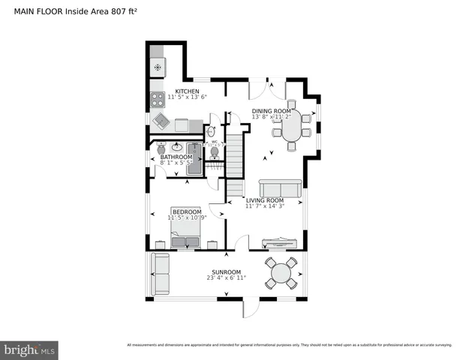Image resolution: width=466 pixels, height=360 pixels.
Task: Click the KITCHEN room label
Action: tap(182, 91)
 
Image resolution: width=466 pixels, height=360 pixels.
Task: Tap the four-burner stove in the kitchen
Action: tap(158, 97)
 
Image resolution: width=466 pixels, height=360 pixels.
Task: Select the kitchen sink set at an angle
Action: tap(161, 121)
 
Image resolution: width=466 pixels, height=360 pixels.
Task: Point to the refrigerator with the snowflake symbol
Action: tap(158, 67)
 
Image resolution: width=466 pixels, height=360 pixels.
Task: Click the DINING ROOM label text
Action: tap(271, 111)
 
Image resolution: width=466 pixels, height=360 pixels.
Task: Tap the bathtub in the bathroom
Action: tap(194, 158)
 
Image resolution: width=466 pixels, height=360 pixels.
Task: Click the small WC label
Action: tap(214, 141)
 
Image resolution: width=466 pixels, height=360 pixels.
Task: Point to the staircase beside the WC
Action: tap(236, 161)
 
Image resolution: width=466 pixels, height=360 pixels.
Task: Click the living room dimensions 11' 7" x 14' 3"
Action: tap(265, 207)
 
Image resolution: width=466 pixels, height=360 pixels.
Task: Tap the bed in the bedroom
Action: tap(185, 229)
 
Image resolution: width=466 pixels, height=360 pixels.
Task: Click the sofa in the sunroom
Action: tap(161, 273)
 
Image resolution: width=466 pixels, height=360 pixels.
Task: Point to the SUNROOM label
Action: tap(225, 271)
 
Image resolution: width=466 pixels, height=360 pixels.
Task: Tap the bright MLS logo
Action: tap(30, 349)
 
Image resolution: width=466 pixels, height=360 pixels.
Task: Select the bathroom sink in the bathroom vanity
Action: tap(178, 147)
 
